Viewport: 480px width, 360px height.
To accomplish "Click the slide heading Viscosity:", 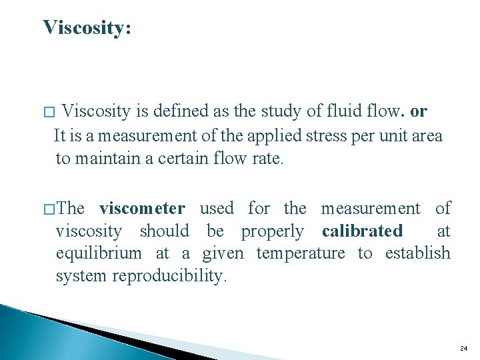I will click(x=87, y=28).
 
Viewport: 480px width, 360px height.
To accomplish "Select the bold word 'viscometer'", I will click(x=142, y=209).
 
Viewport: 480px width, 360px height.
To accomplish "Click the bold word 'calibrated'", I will click(x=362, y=231).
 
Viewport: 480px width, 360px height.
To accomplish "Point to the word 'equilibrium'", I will click(x=99, y=254).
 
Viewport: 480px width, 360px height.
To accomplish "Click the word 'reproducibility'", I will click(x=169, y=276).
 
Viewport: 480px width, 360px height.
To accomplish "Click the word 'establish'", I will click(x=417, y=254).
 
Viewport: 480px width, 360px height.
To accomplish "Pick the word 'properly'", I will click(x=272, y=232).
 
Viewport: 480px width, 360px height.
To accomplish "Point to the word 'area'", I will click(x=427, y=136).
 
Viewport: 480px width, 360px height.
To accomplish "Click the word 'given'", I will click(x=225, y=254).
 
